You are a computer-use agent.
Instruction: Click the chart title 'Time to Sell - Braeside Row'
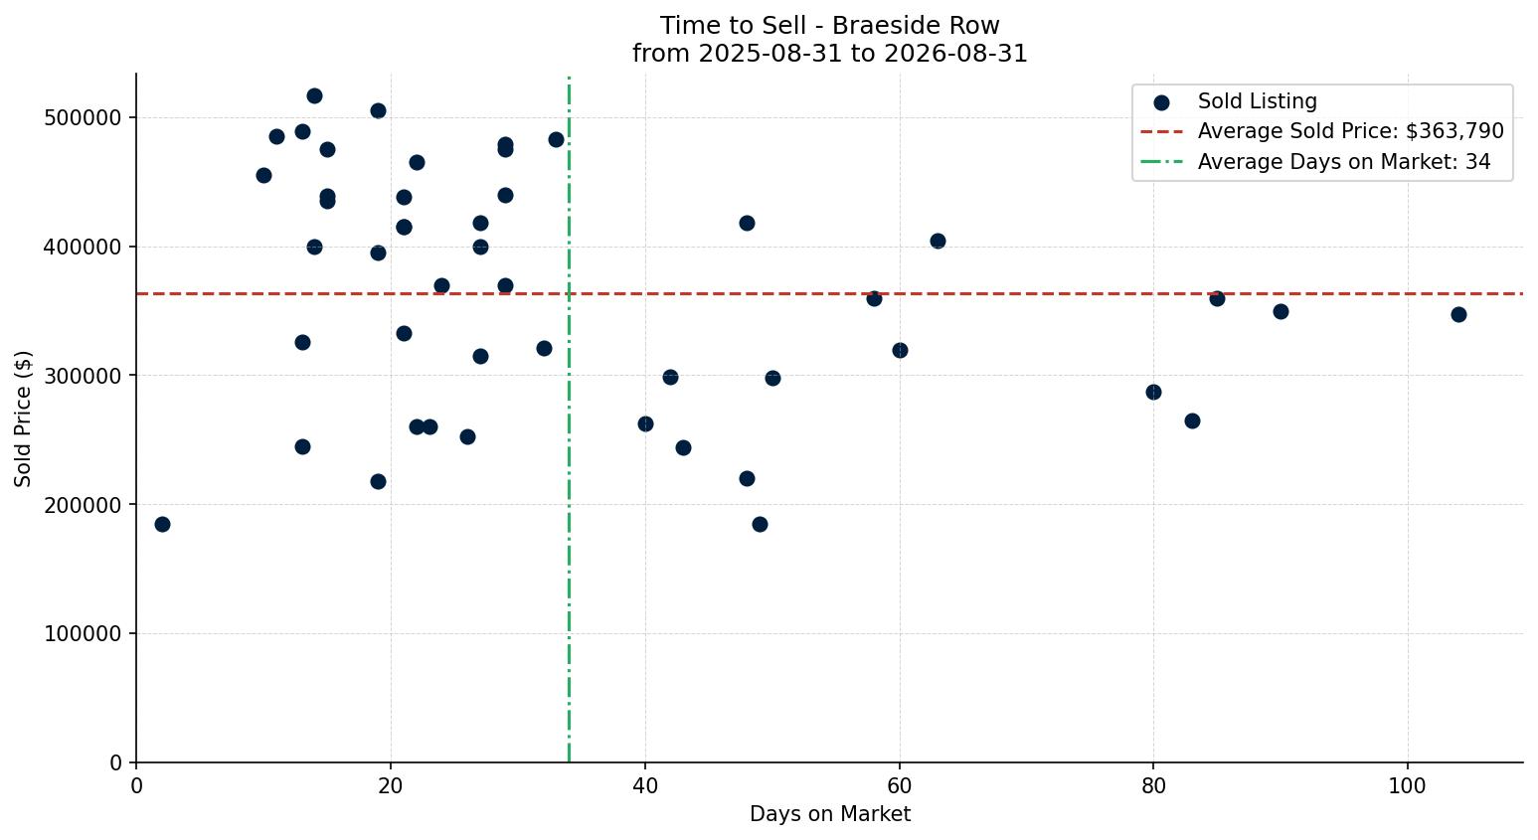(829, 26)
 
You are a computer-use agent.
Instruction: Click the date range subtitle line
(829, 54)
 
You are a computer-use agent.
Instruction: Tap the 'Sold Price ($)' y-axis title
(23, 419)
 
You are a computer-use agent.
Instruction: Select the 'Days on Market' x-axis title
(829, 814)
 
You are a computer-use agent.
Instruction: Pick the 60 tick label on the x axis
(900, 785)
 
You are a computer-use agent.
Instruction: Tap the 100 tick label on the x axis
(1408, 785)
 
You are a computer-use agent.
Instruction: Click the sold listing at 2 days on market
(162, 524)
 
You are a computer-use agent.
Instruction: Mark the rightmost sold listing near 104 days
(1459, 315)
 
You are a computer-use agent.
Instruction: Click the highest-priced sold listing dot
(314, 96)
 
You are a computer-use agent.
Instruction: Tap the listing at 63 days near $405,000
(938, 241)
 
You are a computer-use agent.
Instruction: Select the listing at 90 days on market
(1281, 311)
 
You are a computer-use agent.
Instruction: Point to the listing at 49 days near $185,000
(760, 524)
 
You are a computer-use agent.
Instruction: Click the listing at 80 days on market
(1153, 392)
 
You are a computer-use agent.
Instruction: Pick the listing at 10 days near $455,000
(263, 176)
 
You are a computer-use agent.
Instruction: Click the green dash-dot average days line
(570, 420)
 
